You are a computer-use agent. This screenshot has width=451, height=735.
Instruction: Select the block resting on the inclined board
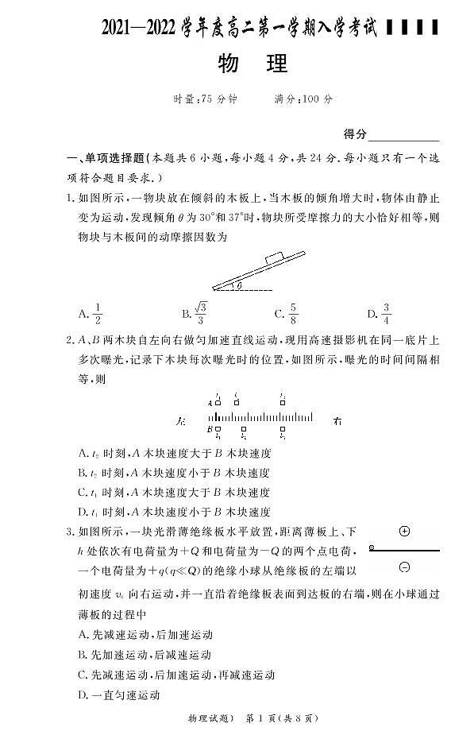[x=274, y=256]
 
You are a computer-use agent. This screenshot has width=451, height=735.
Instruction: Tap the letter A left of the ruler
[x=210, y=403]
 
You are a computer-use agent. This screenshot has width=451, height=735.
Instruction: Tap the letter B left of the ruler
[x=210, y=430]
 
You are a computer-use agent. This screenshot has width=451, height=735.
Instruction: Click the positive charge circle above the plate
[x=404, y=531]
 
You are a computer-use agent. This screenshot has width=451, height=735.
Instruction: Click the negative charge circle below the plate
[x=404, y=567]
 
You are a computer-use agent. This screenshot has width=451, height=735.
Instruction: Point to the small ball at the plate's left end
[x=372, y=548]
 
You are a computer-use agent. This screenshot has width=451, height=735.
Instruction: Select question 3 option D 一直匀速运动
[x=119, y=694]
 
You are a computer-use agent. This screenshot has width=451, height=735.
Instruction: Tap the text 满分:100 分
[x=303, y=99]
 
